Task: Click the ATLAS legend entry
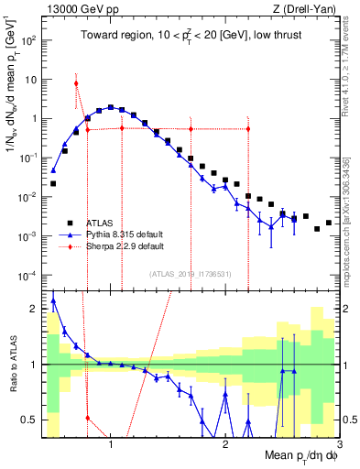click(101, 223)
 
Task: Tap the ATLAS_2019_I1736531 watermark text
click(191, 274)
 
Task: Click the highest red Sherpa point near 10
click(76, 83)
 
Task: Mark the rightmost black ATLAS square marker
click(328, 222)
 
